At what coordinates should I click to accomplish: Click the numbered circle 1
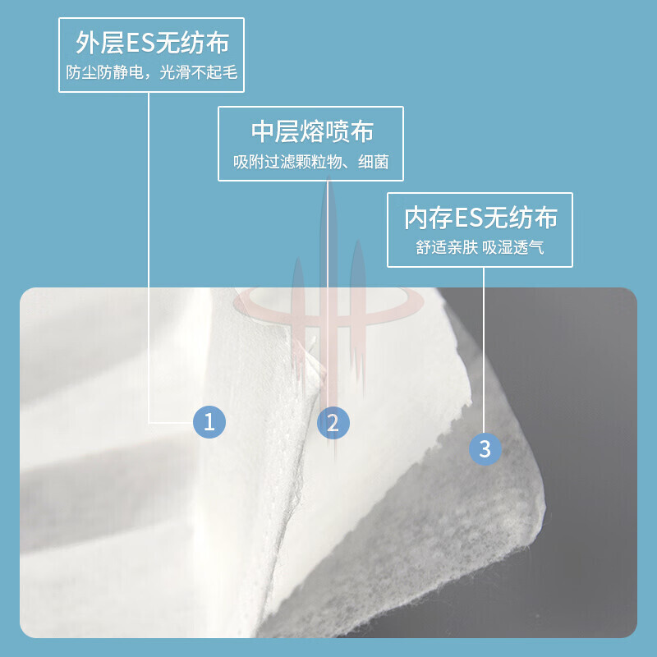pos(209,422)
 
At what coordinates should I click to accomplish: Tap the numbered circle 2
pos(333,423)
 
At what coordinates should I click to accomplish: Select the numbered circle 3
pos(485,448)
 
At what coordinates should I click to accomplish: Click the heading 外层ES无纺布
pos(152,43)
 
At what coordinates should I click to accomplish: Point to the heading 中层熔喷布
pos(312,131)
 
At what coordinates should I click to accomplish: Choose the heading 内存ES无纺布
pos(480,218)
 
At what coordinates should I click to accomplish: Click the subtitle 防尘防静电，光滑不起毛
pos(152,72)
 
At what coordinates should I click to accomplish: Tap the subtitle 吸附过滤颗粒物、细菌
pos(311,162)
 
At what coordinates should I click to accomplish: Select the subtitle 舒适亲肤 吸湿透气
pos(480,247)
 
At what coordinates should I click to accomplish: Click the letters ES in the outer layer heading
pos(140,44)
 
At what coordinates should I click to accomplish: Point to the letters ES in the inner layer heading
pos(468,218)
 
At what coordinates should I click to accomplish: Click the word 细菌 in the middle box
pos(374,162)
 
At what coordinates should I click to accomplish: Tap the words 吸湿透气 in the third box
pos(512,247)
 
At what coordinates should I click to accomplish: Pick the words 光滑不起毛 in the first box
pos(199,72)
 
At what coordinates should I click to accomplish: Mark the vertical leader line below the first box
pos(149,258)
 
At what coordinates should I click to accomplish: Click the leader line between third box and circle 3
pos(484,351)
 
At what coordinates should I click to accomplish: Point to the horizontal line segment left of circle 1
pos(171,423)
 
